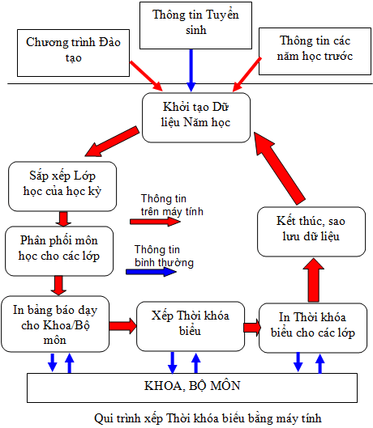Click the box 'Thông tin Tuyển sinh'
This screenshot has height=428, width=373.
click(x=195, y=25)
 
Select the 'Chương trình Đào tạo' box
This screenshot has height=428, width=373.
click(x=73, y=53)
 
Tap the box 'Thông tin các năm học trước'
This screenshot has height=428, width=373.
click(x=315, y=51)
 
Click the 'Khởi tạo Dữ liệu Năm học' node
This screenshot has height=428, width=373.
click(x=196, y=117)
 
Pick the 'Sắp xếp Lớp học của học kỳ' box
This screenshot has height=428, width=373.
click(x=62, y=186)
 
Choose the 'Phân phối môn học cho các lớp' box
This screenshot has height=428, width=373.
click(x=59, y=251)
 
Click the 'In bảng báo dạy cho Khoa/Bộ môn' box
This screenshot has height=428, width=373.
click(x=55, y=324)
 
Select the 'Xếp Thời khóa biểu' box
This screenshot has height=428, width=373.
click(x=191, y=326)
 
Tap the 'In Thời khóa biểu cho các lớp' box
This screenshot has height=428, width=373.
click(x=313, y=328)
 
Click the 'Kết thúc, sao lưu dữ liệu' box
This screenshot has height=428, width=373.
click(x=311, y=231)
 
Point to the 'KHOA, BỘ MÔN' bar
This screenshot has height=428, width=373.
click(x=192, y=388)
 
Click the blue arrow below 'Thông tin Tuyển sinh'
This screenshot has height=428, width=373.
click(x=191, y=70)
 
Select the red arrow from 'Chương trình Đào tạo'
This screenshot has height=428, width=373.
click(x=146, y=76)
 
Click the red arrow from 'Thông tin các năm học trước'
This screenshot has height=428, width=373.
click(x=247, y=74)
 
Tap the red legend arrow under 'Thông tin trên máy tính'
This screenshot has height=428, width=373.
click(x=155, y=222)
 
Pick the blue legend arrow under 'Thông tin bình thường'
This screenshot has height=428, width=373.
click(x=151, y=272)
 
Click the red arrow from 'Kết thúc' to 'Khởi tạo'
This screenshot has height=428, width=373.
click(x=279, y=168)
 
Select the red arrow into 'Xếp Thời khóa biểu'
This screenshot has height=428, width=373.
click(x=123, y=325)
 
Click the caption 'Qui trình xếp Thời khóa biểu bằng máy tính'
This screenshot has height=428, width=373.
click(x=208, y=418)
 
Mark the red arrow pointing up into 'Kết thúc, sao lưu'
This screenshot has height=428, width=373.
click(x=314, y=280)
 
